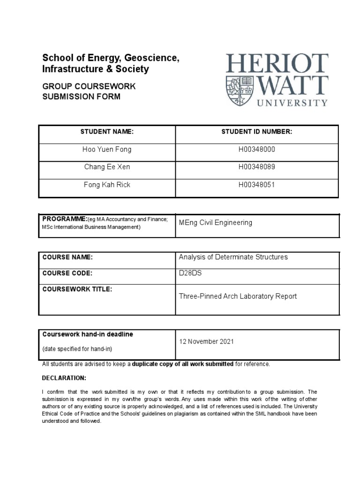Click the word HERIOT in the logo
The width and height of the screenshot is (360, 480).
click(277, 64)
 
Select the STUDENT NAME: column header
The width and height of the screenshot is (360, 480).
click(107, 132)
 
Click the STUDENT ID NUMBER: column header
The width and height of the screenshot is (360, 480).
click(256, 132)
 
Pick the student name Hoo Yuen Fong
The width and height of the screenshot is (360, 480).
click(107, 150)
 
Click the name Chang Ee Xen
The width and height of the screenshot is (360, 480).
click(107, 167)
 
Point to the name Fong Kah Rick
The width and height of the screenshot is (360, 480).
click(107, 185)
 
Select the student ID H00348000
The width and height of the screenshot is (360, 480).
click(256, 150)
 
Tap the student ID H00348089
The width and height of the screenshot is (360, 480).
click(256, 167)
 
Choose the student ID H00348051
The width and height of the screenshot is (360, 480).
click(256, 185)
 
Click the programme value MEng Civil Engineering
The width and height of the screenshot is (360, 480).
click(215, 223)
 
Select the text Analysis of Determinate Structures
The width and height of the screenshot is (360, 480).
click(233, 257)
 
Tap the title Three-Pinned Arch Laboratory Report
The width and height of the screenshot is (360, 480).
click(238, 296)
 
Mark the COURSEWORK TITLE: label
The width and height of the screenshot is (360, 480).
click(77, 289)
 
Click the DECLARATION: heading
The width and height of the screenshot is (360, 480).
click(64, 378)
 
